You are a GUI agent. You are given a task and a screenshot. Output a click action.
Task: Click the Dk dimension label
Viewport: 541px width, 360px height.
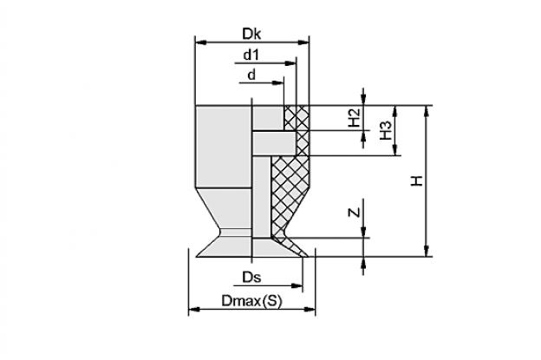point(251,34)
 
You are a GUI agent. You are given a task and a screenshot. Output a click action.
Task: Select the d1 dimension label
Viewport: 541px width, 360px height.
point(251,55)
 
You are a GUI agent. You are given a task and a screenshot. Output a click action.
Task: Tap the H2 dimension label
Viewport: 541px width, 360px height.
point(355,117)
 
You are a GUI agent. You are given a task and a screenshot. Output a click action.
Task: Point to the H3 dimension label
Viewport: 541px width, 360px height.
point(386,130)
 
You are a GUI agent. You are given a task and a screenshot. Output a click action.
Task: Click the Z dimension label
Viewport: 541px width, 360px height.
point(355,213)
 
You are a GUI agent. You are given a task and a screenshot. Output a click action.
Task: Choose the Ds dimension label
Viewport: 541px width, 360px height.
point(251,278)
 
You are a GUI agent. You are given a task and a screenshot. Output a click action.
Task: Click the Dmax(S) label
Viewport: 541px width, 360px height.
point(251,301)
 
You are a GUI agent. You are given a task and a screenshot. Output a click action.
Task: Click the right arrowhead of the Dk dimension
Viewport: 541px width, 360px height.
point(303,43)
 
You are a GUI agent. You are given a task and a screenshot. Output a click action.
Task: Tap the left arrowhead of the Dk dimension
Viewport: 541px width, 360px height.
point(201,43)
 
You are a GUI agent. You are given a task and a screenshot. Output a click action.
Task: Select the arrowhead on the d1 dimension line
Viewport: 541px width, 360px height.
point(290,63)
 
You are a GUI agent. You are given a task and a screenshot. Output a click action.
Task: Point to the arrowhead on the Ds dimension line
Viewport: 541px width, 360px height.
point(297,285)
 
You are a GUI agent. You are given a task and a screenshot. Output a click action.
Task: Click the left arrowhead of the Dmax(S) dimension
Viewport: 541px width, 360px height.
point(194,310)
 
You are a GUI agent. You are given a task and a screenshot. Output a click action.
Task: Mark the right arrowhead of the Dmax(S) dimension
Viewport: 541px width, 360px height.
point(310,310)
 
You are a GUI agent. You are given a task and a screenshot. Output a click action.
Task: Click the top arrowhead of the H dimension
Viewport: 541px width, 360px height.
point(427,111)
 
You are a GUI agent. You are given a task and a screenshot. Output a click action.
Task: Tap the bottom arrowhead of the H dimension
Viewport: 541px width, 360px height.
point(427,251)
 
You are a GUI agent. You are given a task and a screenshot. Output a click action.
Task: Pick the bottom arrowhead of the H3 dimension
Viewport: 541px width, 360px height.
point(395,150)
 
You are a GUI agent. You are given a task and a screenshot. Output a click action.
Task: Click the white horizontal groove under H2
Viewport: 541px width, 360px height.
point(274,143)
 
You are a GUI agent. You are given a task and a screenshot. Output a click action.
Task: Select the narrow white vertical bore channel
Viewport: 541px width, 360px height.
point(262,197)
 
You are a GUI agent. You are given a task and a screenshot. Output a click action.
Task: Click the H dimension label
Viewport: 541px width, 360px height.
point(417,180)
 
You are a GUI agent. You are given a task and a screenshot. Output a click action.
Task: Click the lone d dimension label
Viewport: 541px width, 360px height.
point(252,75)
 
